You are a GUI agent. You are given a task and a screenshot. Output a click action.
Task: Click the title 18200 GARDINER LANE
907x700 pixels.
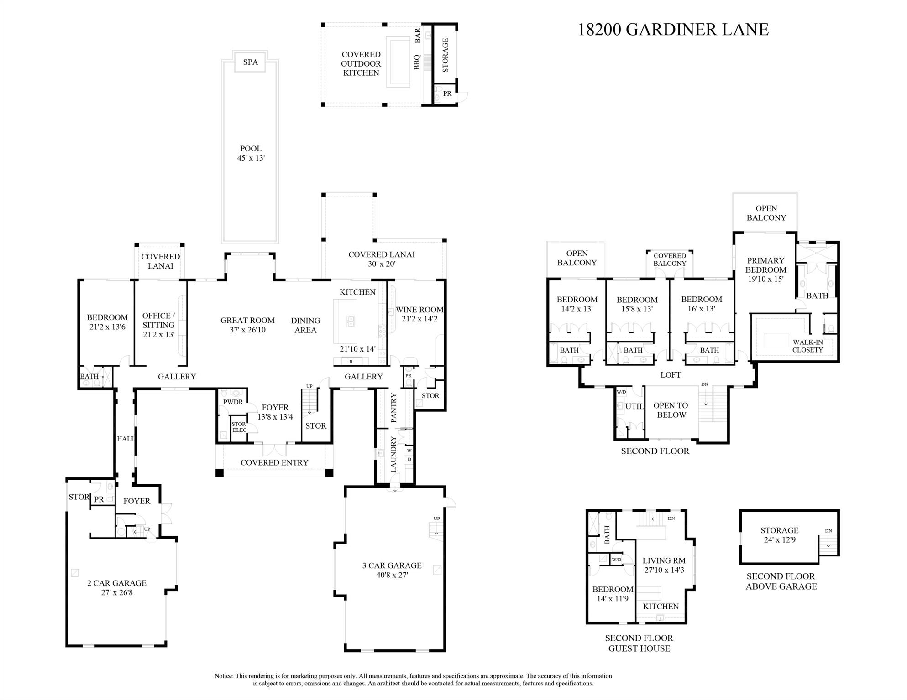coord(673,30)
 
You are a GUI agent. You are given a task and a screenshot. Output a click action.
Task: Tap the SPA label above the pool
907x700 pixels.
coord(250,62)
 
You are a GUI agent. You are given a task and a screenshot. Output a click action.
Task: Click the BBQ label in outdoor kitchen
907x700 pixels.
coord(417,62)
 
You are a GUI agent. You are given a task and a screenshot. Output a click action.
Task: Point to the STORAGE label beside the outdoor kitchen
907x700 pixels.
coord(446,55)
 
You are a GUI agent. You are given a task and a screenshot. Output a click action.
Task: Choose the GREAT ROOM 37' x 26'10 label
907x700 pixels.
coord(247,325)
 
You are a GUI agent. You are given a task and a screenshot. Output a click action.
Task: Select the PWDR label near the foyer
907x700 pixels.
coord(233,402)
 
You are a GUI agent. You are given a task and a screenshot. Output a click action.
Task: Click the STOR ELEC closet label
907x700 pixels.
coord(239,427)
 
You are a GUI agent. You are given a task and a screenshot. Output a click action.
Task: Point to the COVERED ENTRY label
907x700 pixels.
coord(274,462)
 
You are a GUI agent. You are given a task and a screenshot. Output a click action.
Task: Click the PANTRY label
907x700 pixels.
coord(394,407)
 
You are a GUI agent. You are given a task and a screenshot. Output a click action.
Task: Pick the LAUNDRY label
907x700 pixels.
coord(393,454)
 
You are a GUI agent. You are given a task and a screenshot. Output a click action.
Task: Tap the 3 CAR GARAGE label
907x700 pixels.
coord(392,570)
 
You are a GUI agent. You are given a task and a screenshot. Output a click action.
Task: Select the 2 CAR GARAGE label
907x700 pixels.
coord(117,588)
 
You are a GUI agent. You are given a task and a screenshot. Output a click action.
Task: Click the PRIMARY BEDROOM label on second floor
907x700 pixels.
coord(765,270)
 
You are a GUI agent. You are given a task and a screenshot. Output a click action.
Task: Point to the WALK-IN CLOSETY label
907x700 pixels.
coord(807,346)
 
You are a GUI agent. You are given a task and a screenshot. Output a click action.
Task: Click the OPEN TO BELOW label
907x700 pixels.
coord(670,410)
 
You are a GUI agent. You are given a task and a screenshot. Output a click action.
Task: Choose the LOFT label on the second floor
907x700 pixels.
coord(670,375)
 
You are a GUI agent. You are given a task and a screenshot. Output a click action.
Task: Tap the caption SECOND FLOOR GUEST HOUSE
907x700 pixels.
coord(639,643)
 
